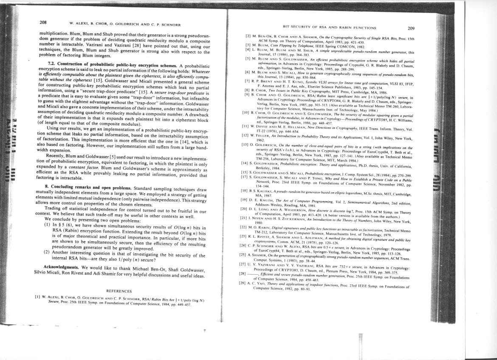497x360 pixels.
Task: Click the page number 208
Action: pyautogui.click(x=43, y=22)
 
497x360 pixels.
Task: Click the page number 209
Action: pyautogui.click(x=410, y=28)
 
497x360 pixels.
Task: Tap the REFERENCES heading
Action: pyautogui.click(x=119, y=291)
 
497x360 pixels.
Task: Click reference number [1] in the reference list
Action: pyautogui.click(x=37, y=297)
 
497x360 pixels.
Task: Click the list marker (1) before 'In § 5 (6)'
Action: pyautogui.click(x=47, y=224)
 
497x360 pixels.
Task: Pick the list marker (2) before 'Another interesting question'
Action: pyautogui.click(x=47, y=252)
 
